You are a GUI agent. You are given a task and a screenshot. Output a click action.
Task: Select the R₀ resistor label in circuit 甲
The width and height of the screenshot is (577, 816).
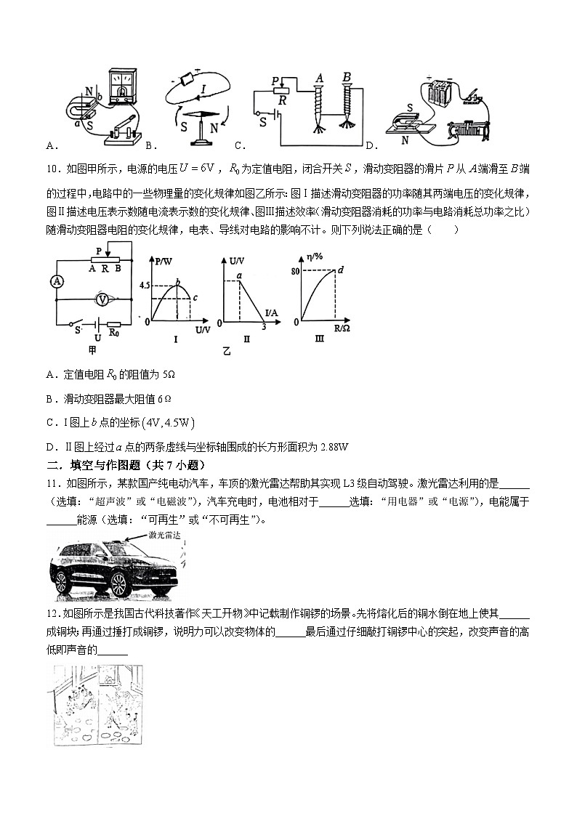point(114,334)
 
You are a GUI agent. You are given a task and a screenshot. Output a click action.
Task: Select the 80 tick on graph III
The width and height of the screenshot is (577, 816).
point(295,271)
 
